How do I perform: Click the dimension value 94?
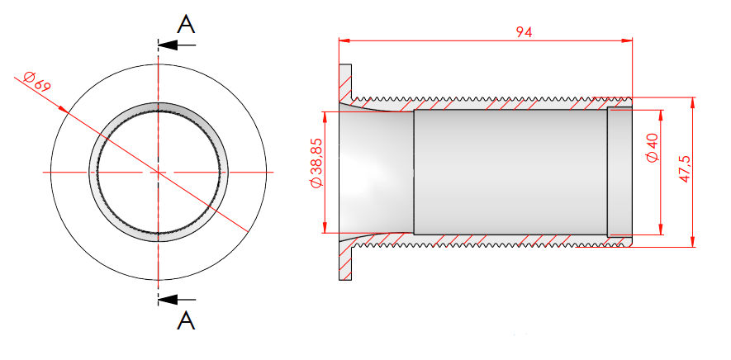pos(524,32)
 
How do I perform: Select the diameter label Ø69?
pos(37,82)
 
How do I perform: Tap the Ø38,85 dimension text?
pos(316,163)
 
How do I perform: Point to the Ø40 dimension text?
pos(652,148)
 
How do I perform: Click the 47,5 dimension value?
pos(684,168)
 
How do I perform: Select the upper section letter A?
pos(186,24)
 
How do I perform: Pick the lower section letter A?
pos(186,320)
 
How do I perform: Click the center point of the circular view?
pos(159,172)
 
